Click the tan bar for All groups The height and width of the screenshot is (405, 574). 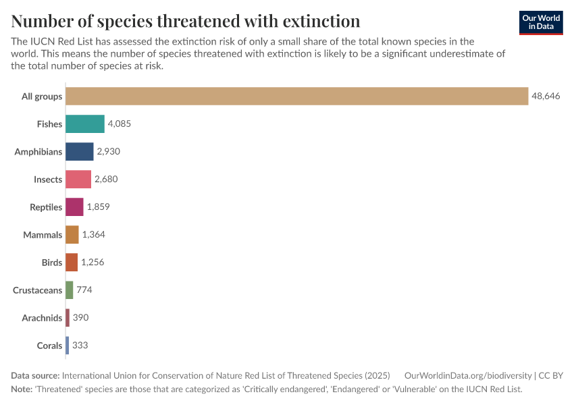[x=296, y=97]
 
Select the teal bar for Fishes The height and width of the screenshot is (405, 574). [x=85, y=124]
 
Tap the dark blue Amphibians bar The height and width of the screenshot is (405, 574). [x=79, y=152]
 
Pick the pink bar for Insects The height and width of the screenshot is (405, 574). [x=78, y=180]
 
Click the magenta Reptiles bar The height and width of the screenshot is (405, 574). [x=74, y=207]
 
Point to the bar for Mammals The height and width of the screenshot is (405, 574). [x=72, y=235]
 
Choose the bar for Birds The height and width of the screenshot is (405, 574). [x=72, y=263]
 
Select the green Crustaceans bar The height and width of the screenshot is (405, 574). [x=69, y=290]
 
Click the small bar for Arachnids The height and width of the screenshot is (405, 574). [x=68, y=318]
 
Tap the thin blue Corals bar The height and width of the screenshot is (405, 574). [x=67, y=346]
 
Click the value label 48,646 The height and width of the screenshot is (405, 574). [x=546, y=97]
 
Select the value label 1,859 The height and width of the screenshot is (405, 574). [x=98, y=207]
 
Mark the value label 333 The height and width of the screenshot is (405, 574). [x=80, y=346]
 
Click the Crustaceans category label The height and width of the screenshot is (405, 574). [x=37, y=290]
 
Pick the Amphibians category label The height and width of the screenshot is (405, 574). [x=38, y=152]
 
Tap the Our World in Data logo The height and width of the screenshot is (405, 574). [x=541, y=22]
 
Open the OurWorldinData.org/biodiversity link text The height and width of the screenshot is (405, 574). [x=467, y=375]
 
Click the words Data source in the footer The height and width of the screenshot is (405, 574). [x=35, y=375]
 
